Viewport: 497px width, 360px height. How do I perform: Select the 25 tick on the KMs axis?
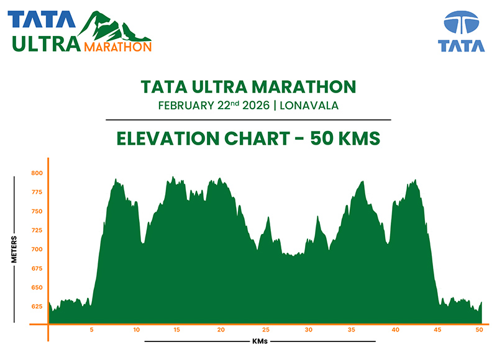(x=265, y=330)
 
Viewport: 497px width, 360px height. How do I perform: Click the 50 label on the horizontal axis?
(x=478, y=330)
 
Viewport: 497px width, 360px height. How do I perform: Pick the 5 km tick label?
(x=91, y=330)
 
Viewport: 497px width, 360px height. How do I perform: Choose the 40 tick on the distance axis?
(x=396, y=330)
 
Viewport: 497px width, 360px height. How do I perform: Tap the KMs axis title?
(x=260, y=341)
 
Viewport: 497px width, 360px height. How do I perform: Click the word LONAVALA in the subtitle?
(x=309, y=105)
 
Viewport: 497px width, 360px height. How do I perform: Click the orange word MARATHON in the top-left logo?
(x=117, y=47)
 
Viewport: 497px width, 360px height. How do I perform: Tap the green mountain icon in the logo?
(x=111, y=26)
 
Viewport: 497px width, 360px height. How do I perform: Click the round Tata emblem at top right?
(x=461, y=24)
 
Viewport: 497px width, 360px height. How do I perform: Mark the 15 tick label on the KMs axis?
(x=177, y=330)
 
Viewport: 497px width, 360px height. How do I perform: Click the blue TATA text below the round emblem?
(x=461, y=46)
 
